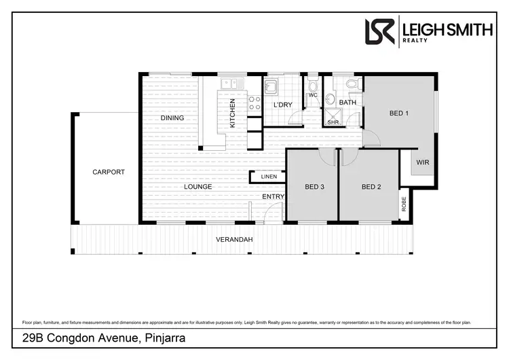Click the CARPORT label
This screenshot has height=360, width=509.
pyautogui.click(x=109, y=172)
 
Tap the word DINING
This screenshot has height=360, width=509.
pyautogui.click(x=172, y=118)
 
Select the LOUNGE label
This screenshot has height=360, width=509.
pyautogui.click(x=197, y=186)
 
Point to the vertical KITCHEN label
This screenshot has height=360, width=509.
pyautogui.click(x=232, y=113)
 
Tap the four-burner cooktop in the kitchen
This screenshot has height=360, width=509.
pyautogui.click(x=255, y=103)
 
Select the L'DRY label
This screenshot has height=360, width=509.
pyautogui.click(x=282, y=105)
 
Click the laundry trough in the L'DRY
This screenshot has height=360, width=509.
pyautogui.click(x=270, y=86)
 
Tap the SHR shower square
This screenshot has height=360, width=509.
pyautogui.click(x=333, y=118)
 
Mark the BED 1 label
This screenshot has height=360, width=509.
pyautogui.click(x=398, y=113)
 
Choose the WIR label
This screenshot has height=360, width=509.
pyautogui.click(x=422, y=162)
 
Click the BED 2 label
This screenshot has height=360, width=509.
pyautogui.click(x=370, y=187)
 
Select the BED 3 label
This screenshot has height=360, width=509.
pyautogui.click(x=314, y=187)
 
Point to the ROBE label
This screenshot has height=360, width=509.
pyautogui.click(x=404, y=203)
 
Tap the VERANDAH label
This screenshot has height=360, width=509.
pyautogui.click(x=234, y=240)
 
